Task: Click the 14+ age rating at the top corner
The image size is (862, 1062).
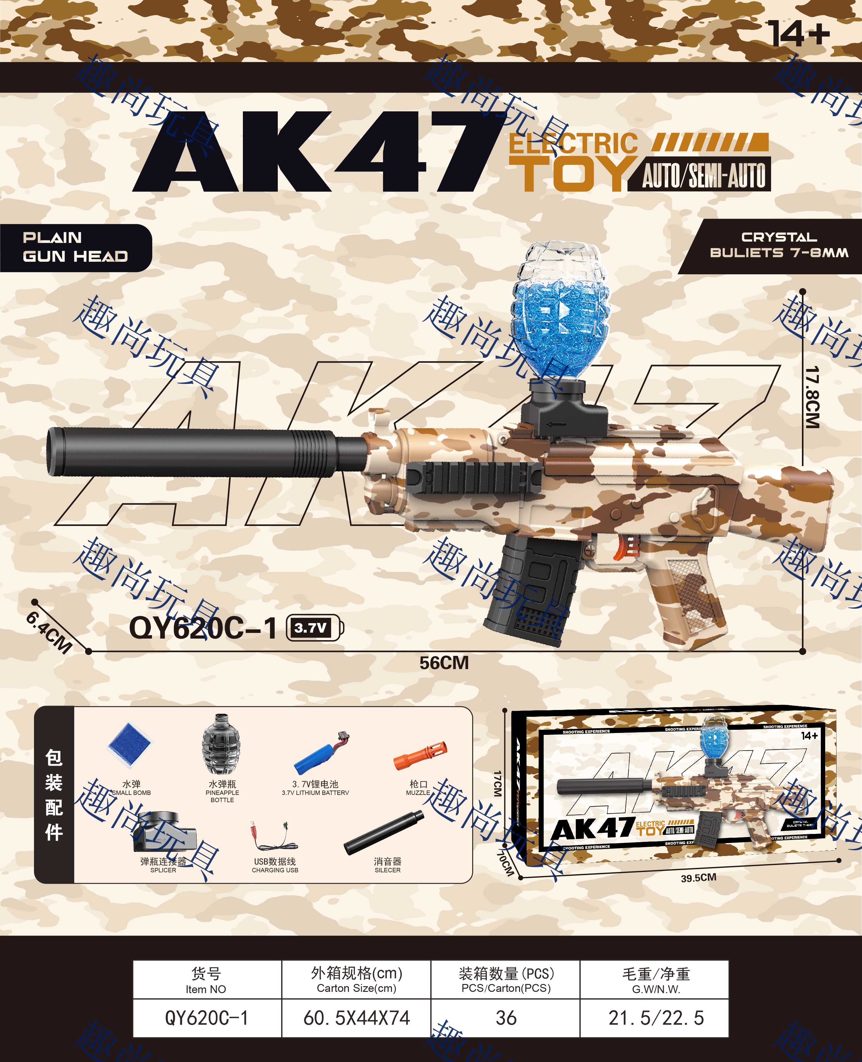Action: [x=798, y=34]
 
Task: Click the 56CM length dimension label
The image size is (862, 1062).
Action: [x=444, y=663]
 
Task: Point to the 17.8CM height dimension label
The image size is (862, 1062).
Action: [x=812, y=397]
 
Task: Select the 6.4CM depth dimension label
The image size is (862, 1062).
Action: [x=49, y=632]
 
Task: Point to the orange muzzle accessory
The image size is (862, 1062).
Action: [x=420, y=756]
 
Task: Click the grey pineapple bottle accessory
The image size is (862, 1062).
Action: [x=221, y=744]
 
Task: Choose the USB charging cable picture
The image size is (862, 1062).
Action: [x=275, y=836]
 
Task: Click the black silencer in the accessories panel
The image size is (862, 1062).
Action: [x=384, y=833]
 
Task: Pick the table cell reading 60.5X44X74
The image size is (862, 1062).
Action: [x=356, y=1018]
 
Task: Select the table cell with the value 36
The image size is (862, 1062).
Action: [x=506, y=1018]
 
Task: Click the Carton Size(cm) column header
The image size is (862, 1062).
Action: [x=356, y=980]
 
